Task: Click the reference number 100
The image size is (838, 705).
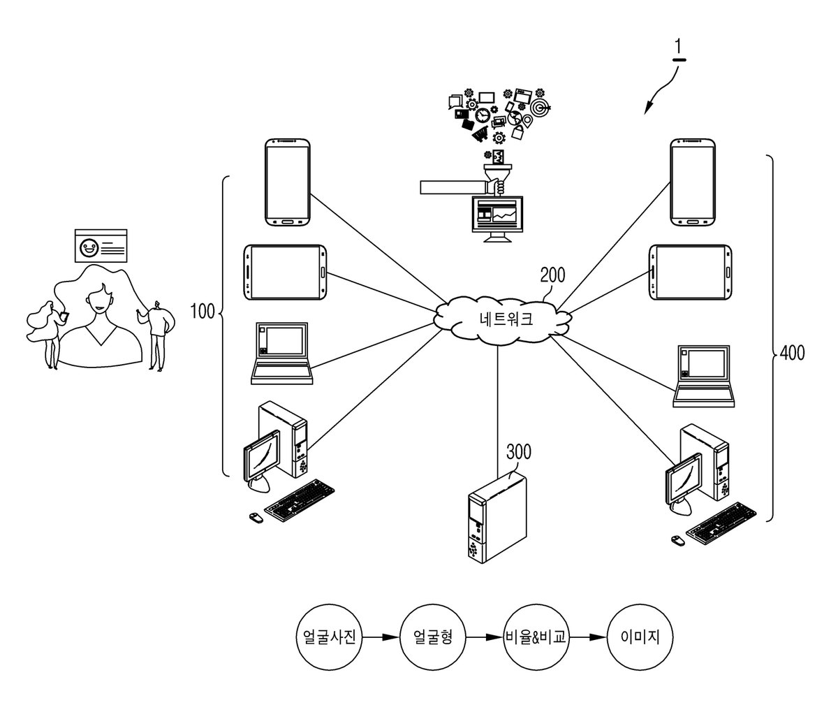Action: point(203,312)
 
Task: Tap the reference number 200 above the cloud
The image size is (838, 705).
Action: point(552,275)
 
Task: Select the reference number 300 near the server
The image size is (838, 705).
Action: point(519,451)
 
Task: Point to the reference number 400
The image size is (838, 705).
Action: point(792,353)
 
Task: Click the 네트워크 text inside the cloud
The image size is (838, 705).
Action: point(506,319)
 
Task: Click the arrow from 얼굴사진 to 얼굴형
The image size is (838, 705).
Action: point(381,637)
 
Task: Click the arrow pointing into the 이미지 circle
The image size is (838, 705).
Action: point(588,637)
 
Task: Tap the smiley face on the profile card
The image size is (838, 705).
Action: point(89,248)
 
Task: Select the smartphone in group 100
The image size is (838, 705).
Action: point(287,182)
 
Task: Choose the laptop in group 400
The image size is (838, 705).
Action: point(703,376)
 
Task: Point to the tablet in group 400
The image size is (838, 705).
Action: point(691,272)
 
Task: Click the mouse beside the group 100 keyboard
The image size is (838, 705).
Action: point(256,518)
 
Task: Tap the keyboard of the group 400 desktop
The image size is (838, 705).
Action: point(721,523)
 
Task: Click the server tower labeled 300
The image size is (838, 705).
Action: point(497,517)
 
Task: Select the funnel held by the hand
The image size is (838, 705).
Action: point(498,176)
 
